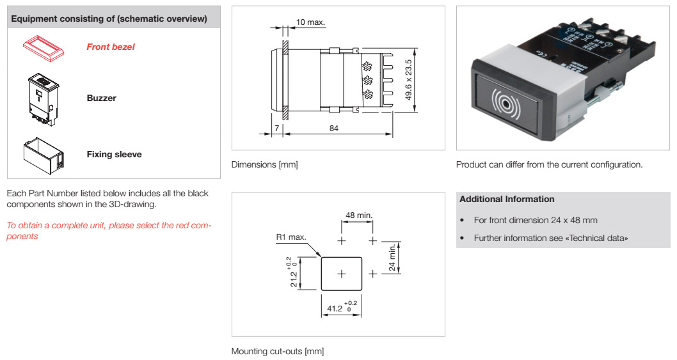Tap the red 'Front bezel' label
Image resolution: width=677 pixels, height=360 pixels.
tap(111, 47)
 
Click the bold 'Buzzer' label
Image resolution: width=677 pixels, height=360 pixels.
tap(101, 98)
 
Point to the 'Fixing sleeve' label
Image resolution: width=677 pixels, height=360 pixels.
tap(114, 154)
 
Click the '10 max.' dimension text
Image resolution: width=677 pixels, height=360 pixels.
tap(310, 22)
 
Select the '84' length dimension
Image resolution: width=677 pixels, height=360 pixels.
tap(333, 128)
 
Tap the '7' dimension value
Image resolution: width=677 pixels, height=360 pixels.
tap(276, 128)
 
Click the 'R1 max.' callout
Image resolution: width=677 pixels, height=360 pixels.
tap(291, 237)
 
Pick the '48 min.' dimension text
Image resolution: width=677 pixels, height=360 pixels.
tap(359, 215)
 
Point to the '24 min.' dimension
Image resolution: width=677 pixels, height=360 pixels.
tap(392, 258)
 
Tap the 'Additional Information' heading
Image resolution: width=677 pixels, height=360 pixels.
tap(507, 199)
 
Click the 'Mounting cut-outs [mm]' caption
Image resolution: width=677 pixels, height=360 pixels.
tap(278, 351)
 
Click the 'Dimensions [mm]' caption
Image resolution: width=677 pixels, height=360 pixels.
tap(264, 165)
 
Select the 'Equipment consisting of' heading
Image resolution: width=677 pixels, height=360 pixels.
tap(109, 19)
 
